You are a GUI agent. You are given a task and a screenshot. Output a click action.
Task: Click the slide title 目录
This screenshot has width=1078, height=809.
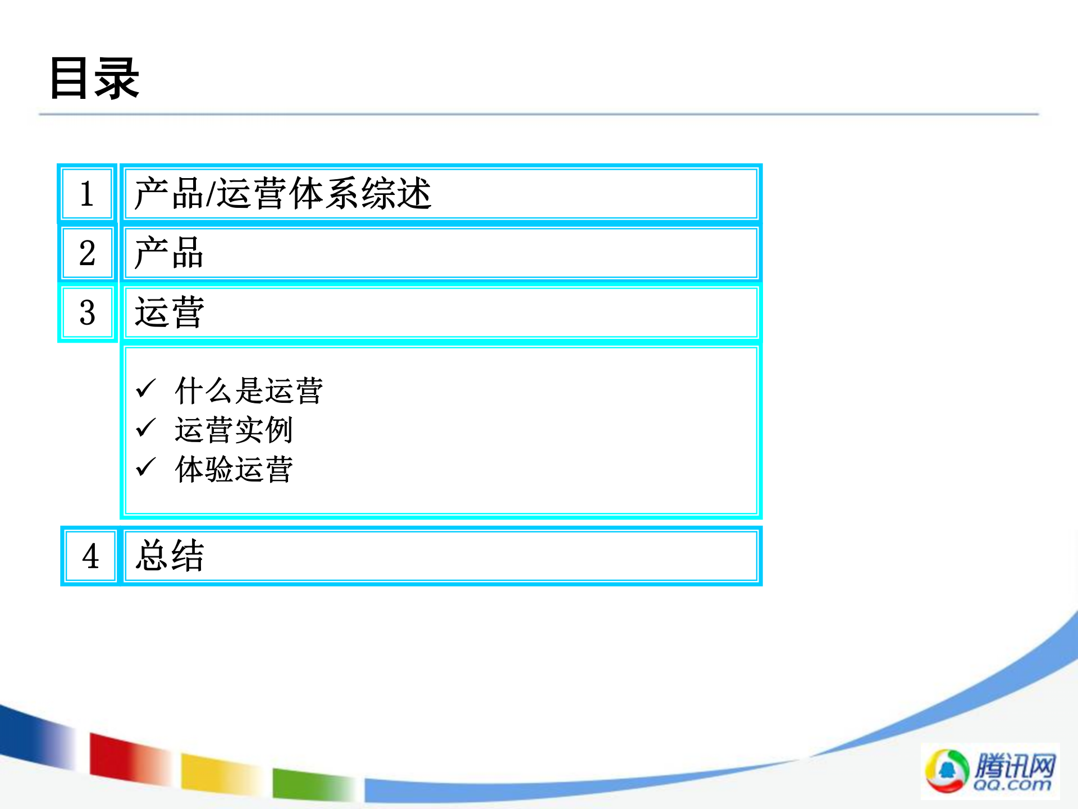click(x=94, y=79)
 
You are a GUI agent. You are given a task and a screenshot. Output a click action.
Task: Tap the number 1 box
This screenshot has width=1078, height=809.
click(x=87, y=194)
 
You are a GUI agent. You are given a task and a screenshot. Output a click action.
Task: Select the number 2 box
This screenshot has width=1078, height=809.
click(x=87, y=253)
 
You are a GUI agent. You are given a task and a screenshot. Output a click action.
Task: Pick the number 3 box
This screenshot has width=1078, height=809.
click(x=87, y=312)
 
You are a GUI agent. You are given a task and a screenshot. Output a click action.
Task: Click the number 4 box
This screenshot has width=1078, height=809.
click(x=90, y=556)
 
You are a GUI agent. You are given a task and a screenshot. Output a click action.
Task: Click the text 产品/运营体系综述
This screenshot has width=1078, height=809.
click(x=282, y=194)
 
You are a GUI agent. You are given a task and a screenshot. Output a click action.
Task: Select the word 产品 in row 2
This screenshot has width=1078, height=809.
click(x=168, y=253)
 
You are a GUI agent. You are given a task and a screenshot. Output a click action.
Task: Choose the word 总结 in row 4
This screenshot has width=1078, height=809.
click(x=170, y=556)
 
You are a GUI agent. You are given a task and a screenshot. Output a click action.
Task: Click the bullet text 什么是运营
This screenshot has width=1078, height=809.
click(x=248, y=390)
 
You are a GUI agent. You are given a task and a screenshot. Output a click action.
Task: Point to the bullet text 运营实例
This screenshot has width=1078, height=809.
click(x=233, y=430)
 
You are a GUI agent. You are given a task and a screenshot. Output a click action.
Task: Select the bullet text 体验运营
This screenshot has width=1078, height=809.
click(x=233, y=469)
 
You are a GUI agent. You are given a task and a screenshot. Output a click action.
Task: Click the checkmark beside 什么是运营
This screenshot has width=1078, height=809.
click(x=146, y=388)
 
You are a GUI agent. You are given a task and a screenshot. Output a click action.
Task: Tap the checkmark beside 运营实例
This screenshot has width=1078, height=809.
click(x=146, y=428)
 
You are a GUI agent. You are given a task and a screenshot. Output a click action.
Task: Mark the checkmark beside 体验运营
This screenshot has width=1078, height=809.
click(x=146, y=467)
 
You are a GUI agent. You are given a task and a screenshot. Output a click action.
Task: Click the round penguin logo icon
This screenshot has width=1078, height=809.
click(x=947, y=770)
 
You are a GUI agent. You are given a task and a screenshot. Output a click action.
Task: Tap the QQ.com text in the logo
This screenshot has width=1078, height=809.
click(x=1012, y=784)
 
